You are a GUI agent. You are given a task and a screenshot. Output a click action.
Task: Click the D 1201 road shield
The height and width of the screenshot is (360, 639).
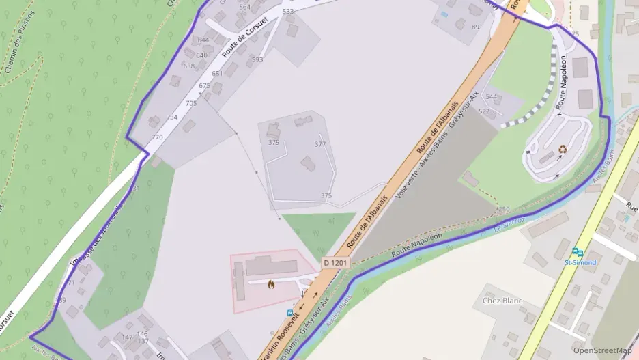point(336,262)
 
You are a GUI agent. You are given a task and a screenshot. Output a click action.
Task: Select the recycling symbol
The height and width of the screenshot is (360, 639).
point(563,148)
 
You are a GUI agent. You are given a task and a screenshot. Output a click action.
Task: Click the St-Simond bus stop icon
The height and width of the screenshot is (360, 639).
point(579,252)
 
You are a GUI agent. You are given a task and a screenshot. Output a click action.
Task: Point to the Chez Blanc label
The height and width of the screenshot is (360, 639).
point(502,301)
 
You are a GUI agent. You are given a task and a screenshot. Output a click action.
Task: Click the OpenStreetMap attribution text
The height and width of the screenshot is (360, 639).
point(603,350)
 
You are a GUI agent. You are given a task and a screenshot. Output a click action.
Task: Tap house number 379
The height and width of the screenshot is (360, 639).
point(274,143)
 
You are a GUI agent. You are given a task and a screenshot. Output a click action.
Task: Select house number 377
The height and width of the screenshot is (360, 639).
point(320,144)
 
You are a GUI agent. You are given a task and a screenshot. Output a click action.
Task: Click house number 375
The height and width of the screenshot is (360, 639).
point(326,196)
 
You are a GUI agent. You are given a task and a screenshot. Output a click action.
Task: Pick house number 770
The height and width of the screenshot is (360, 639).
point(158,137)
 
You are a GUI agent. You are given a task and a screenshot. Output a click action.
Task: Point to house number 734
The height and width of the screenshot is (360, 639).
point(172,117)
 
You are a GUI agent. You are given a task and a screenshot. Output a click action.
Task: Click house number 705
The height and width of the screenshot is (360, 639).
point(191,104)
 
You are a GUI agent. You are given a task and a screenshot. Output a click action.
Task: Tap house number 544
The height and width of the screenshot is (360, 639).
point(491,97)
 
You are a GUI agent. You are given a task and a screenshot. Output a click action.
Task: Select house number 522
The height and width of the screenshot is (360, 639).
point(484,111)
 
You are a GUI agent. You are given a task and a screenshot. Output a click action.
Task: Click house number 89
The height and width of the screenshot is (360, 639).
point(475,27)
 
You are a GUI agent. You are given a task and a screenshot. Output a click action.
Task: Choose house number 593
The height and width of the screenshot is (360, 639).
point(257,60)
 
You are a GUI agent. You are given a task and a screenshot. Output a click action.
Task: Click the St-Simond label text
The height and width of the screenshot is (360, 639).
point(580,263)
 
